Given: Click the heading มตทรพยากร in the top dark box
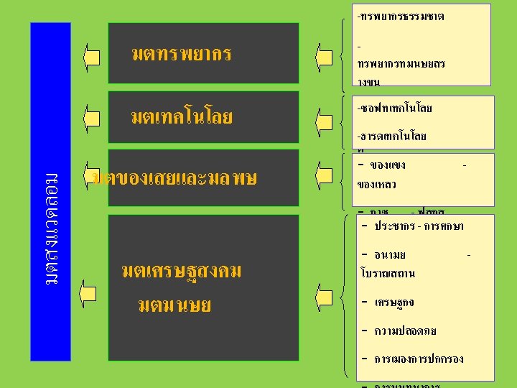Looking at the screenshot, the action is (182, 55).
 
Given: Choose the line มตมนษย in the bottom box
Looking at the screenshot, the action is (174, 306).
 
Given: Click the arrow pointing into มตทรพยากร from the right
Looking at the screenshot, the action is (325, 56).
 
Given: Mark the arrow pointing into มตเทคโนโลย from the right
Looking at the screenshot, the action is (325, 117).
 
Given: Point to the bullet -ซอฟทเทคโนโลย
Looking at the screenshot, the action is (395, 108).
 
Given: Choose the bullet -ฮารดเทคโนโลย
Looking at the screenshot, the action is (392, 136).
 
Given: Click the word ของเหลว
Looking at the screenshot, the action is (376, 185).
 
